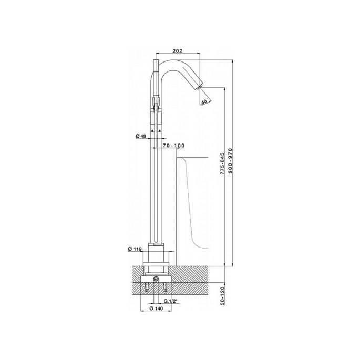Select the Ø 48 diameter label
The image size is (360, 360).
tap(141, 136)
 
